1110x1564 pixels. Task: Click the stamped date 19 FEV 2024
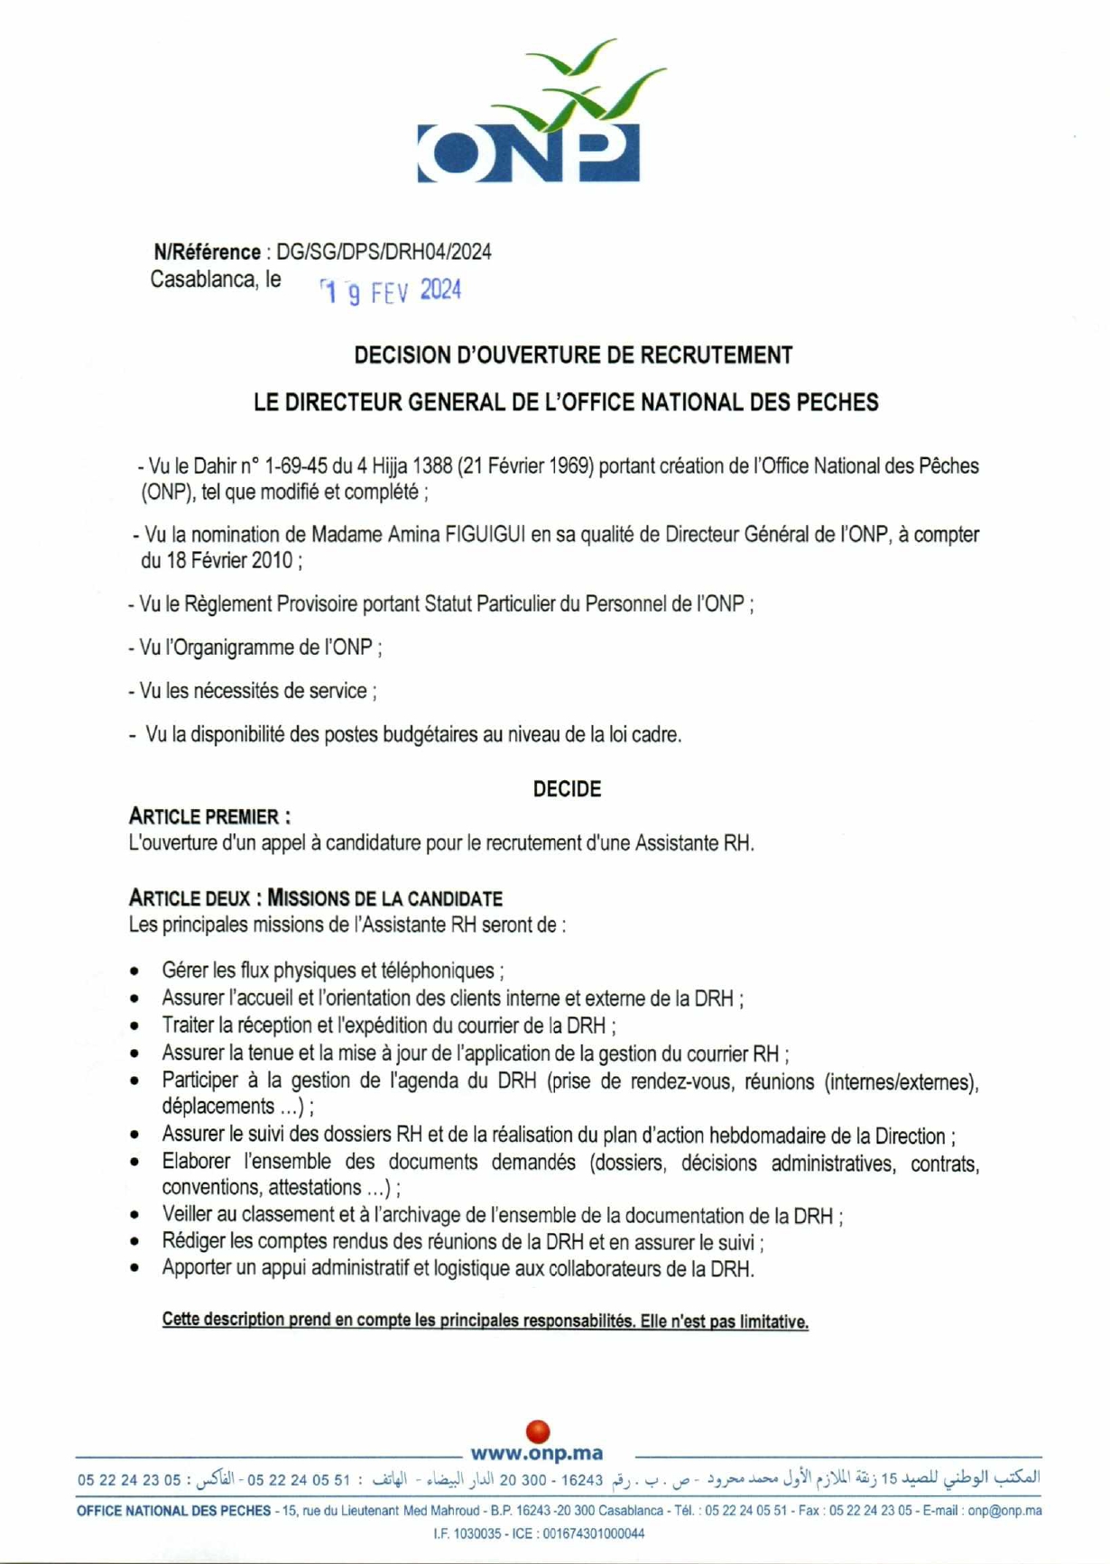391,291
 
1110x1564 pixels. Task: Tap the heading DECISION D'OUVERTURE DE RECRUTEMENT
573,355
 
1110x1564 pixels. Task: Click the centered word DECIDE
567,789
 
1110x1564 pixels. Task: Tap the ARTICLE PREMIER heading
209,817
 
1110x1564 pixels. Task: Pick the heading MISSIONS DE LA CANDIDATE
385,898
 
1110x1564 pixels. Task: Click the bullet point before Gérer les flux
134,972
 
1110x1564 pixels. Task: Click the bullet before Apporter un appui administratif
134,1270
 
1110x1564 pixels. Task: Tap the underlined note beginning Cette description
485,1321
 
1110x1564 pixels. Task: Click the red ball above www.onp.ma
538,1431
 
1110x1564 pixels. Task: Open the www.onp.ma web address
537,1453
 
